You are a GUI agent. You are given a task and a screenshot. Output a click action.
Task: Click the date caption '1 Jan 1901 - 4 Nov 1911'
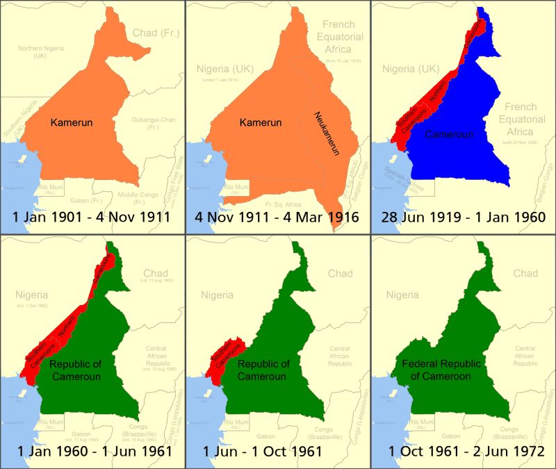92,217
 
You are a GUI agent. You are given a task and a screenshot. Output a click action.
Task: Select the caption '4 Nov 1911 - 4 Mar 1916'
277,217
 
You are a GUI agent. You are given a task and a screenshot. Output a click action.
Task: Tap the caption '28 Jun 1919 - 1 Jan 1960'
463,217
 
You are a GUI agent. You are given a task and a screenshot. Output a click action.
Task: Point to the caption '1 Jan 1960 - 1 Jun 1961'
92,452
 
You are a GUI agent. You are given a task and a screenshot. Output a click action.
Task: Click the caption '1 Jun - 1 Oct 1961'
277,452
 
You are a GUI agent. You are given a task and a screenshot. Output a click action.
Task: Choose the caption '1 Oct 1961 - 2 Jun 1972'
463,452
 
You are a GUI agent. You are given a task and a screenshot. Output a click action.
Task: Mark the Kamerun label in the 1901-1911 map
72,122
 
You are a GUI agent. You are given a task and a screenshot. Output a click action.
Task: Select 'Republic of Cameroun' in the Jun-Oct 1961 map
263,370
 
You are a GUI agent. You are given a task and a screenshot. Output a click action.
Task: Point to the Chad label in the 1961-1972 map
525,273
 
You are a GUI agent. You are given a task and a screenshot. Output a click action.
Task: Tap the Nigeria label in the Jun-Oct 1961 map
218,295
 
